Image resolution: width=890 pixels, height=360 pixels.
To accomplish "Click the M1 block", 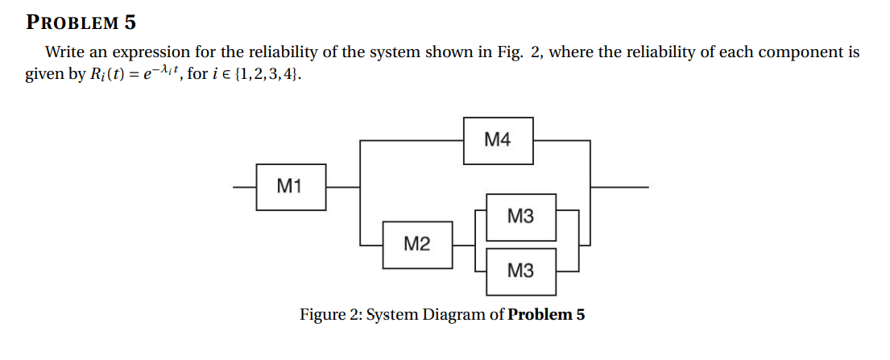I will pos(290,187).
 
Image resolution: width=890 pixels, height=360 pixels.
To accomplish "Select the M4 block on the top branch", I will pos(498,140).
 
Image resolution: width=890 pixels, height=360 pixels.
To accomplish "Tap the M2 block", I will pos(416,243).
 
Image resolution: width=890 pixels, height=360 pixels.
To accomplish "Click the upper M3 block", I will pos(520,217).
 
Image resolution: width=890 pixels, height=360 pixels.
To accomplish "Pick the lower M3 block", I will pos(520,271).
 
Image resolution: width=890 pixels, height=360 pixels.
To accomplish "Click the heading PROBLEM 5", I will pos(81,22).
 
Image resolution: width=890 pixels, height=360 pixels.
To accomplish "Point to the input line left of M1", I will pos(244,187).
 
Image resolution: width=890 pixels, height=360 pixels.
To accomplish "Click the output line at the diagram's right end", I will pos(620,187).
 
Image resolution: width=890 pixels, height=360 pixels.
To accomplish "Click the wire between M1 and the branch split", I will pos(342,187).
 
